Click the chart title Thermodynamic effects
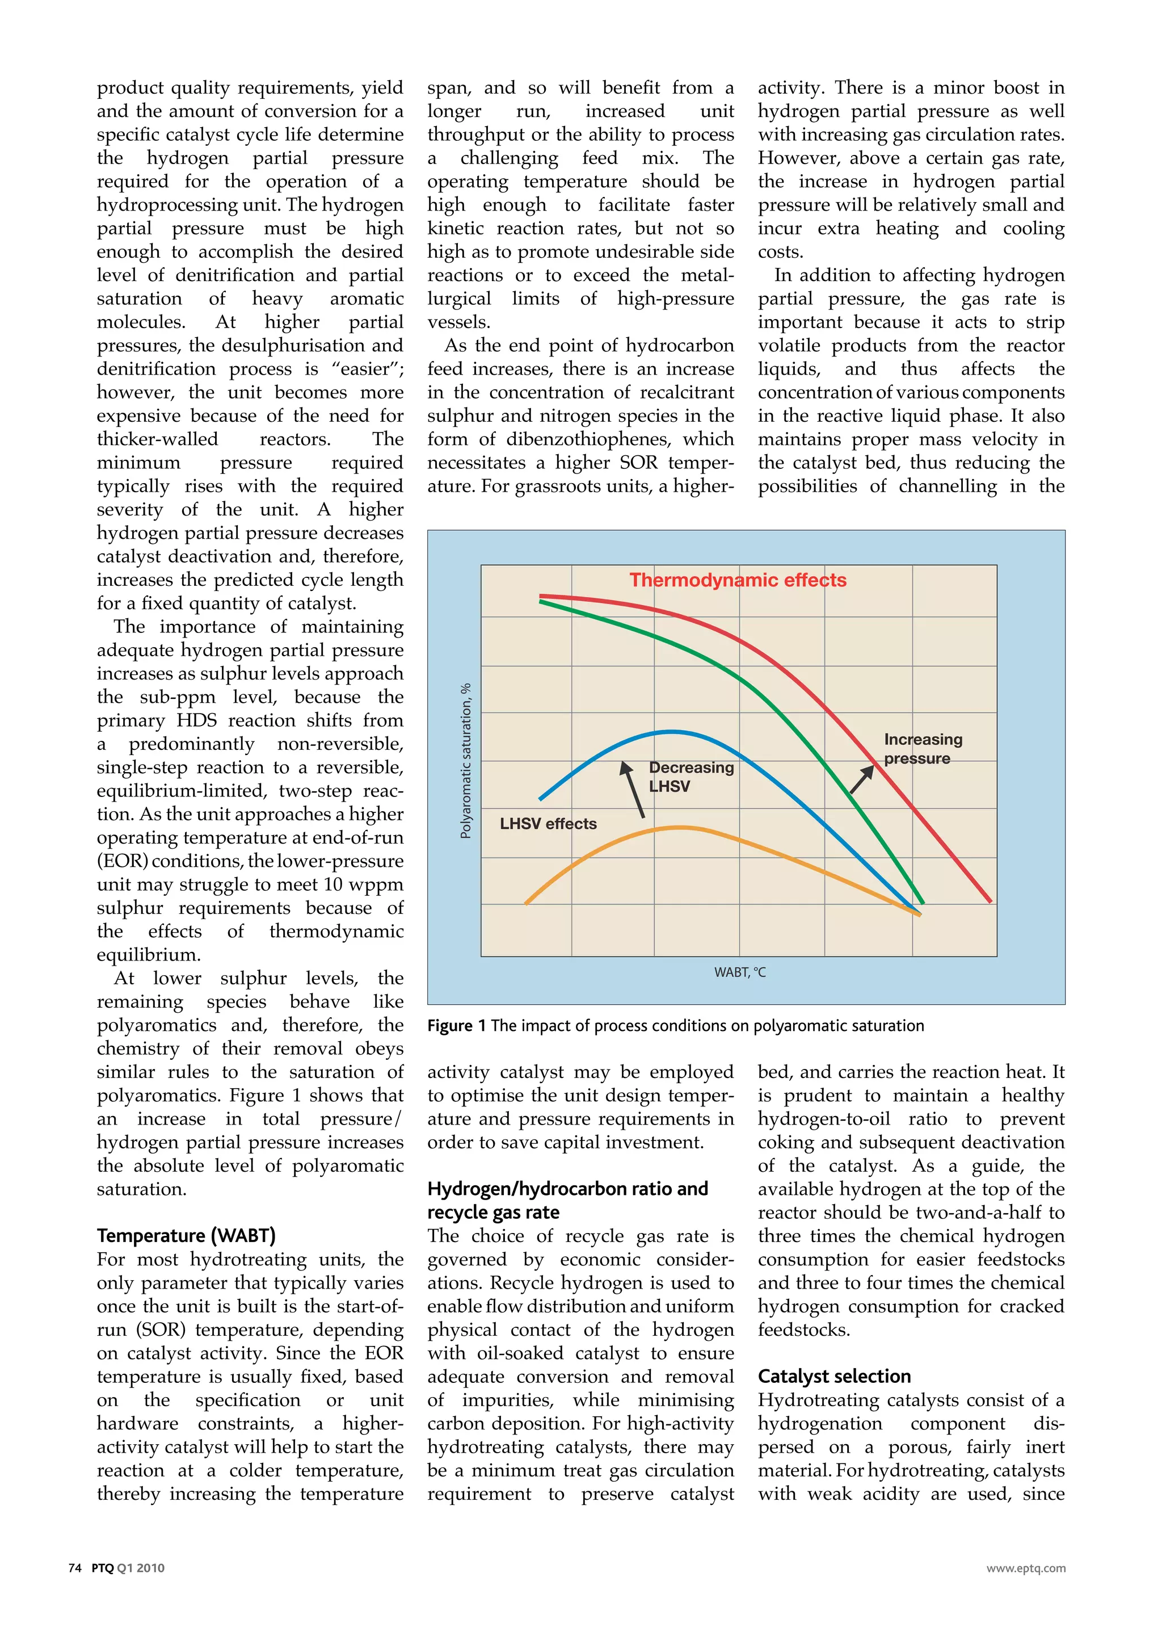coord(737,580)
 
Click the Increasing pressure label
coord(923,748)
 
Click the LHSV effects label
coord(548,824)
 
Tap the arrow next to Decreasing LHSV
coord(634,789)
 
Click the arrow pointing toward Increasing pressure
coord(861,779)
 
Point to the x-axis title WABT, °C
coord(739,972)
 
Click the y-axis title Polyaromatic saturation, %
coord(466,761)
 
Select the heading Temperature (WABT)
coord(186,1236)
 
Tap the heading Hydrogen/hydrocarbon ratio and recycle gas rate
coord(567,1200)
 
